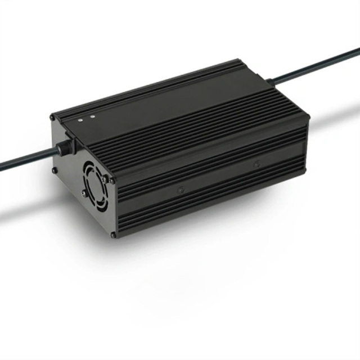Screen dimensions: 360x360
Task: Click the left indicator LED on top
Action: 81,120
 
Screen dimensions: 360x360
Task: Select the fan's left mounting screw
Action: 84,192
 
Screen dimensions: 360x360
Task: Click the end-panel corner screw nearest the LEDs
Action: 52,117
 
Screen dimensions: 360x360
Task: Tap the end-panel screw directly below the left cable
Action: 54,170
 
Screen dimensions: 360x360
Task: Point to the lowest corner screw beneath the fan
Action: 113,234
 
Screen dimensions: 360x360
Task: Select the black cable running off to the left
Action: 22,162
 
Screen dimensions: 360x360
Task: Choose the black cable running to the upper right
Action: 321,65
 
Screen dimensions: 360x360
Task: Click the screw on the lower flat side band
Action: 181,191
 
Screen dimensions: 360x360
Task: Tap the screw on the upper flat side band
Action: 256,164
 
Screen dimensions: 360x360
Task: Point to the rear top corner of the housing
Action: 307,115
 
